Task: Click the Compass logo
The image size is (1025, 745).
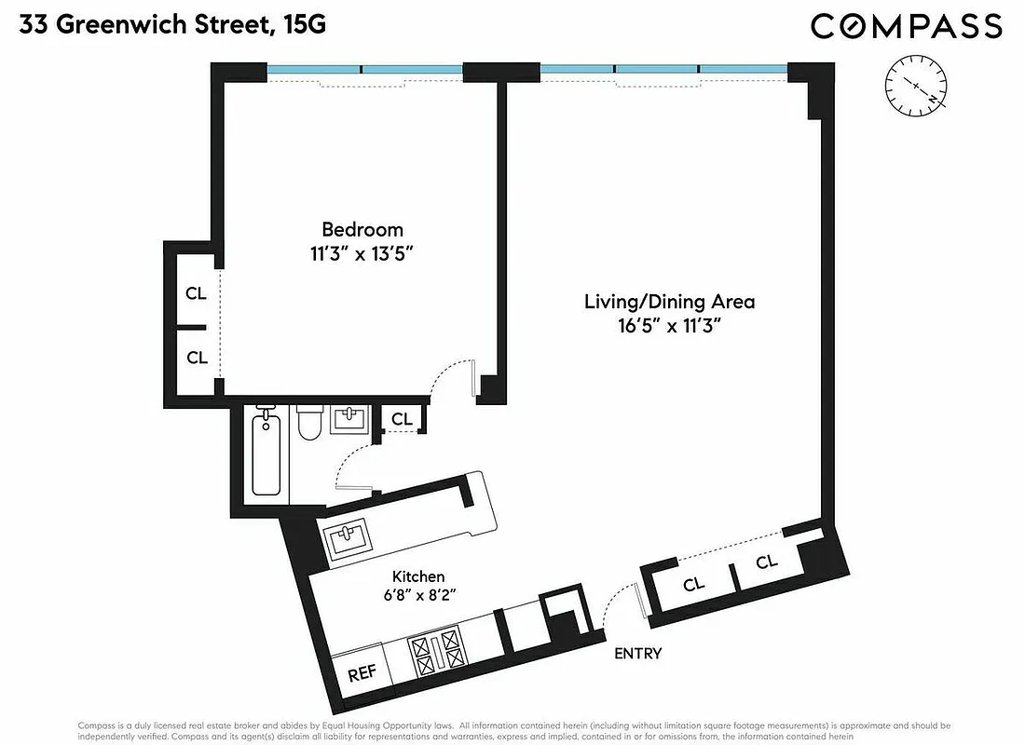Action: [x=906, y=25]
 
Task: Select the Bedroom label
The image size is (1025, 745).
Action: [x=362, y=229]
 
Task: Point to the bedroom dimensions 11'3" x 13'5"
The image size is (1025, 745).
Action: [x=362, y=254]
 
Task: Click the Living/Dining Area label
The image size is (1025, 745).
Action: [x=669, y=302]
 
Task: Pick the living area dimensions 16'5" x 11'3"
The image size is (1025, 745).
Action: [x=669, y=326]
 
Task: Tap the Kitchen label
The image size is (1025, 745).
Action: [x=417, y=576]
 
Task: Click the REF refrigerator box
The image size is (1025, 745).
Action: [x=361, y=673]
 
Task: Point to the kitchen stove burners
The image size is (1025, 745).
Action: [x=437, y=653]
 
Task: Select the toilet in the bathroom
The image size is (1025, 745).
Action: [x=308, y=425]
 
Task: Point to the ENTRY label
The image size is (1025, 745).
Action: [x=637, y=654]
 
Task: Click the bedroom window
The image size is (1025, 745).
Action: [x=364, y=69]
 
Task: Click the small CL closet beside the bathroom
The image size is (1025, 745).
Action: [x=402, y=419]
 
